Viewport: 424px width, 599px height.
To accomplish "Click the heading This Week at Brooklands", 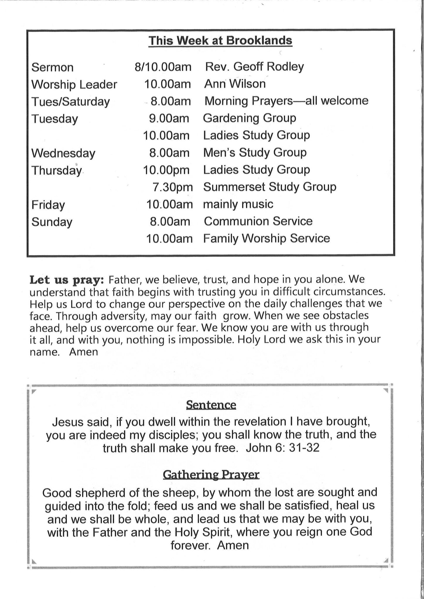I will point(220,41).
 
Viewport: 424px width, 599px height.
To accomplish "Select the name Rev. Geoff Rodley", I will point(254,67).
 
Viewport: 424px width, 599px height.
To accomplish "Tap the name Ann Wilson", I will point(235,84).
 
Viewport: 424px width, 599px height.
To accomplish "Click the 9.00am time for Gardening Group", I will point(169,118).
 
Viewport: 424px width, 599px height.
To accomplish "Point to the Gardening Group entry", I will point(249,118).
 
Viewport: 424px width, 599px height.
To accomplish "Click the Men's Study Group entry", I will point(255,153).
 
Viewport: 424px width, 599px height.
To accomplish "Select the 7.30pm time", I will point(172,187).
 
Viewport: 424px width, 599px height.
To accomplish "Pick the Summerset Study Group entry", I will point(269,187).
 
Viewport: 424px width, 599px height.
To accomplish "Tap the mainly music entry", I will point(238,204).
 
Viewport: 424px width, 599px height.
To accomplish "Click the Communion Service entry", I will point(258,221).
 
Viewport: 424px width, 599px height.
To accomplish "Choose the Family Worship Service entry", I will point(266,239).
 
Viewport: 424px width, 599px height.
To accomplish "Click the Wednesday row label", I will point(63,153).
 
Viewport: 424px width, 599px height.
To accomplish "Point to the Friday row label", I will point(48,205).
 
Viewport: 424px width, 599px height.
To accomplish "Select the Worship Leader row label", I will point(74,85).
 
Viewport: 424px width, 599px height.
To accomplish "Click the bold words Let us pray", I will point(67,280).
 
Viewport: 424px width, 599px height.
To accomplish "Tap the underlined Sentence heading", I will point(211,405).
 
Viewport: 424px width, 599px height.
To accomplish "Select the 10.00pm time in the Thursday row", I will point(166,170).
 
